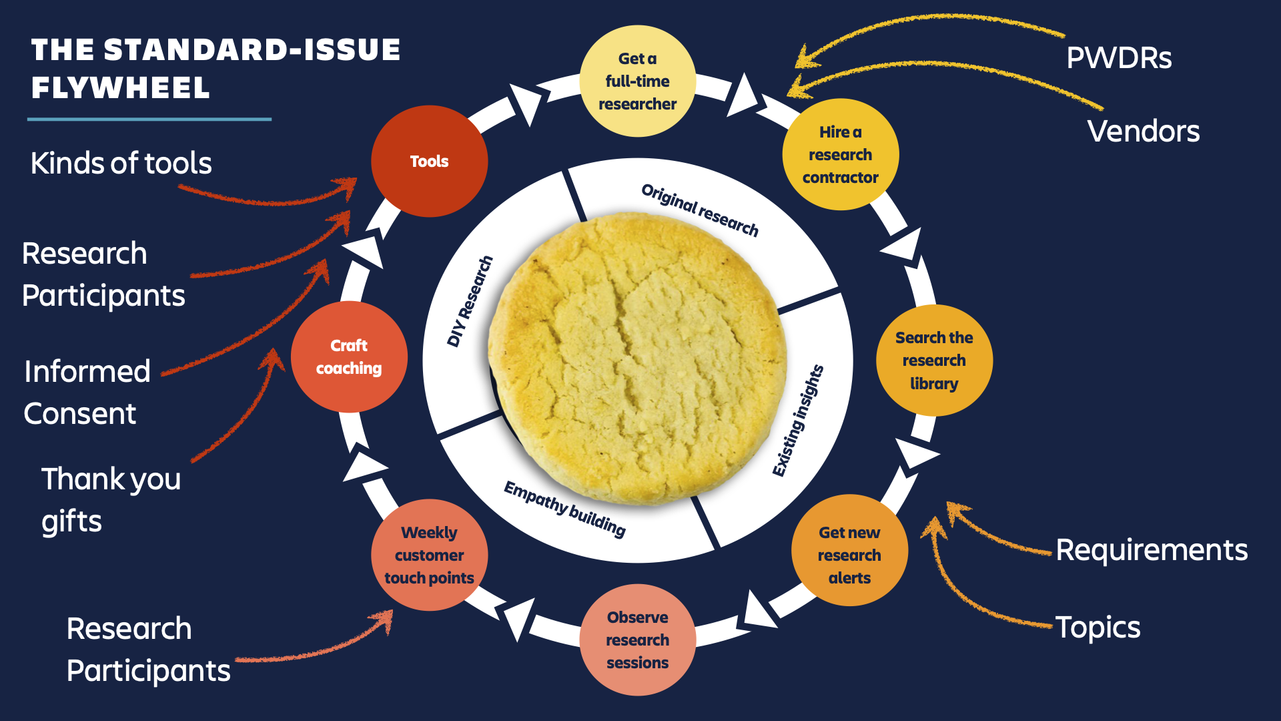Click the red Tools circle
point(429,161)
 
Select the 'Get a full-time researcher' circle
point(637,81)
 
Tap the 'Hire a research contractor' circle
point(840,154)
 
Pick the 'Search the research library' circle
point(933,360)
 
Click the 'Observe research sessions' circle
point(637,640)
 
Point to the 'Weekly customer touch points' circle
point(429,555)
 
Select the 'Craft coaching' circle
point(349,356)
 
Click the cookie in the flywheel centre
point(637,357)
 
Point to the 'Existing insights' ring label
point(798,421)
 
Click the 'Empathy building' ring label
point(564,509)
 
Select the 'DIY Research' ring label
point(470,301)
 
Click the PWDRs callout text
point(1119,58)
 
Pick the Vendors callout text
point(1143,131)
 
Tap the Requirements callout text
point(1151,550)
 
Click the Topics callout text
point(1098,628)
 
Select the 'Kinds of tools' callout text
point(121,163)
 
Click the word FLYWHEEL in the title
point(120,87)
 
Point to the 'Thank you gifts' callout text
point(110,499)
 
